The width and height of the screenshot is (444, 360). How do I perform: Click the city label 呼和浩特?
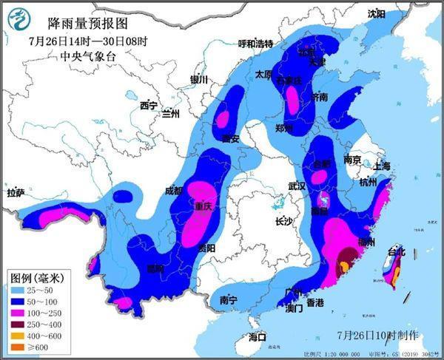(x=255, y=44)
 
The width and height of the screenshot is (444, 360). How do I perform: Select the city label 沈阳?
(x=377, y=13)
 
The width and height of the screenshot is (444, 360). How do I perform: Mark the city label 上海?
(x=382, y=166)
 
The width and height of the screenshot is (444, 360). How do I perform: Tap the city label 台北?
(x=397, y=252)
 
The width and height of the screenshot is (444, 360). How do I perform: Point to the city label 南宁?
(x=228, y=300)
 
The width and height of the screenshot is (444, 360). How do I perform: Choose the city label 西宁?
(x=149, y=106)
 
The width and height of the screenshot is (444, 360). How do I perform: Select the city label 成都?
(x=173, y=190)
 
